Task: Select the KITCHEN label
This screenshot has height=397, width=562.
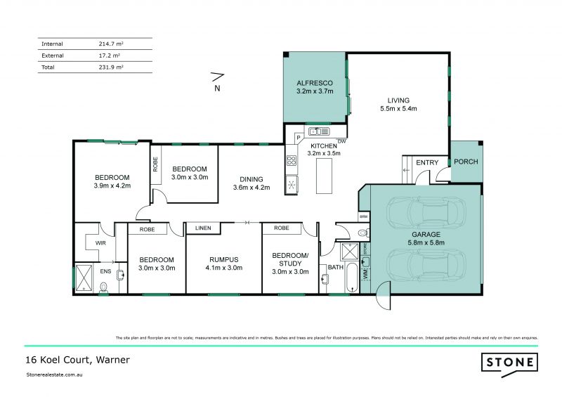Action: [324, 145]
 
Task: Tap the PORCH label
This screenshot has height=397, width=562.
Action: [466, 162]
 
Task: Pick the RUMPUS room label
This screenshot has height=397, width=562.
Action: [223, 258]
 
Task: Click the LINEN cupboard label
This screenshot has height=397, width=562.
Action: [203, 228]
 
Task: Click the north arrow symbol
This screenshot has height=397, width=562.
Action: [217, 77]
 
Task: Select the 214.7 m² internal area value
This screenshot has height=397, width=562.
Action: [111, 44]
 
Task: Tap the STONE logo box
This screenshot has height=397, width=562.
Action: [509, 363]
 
